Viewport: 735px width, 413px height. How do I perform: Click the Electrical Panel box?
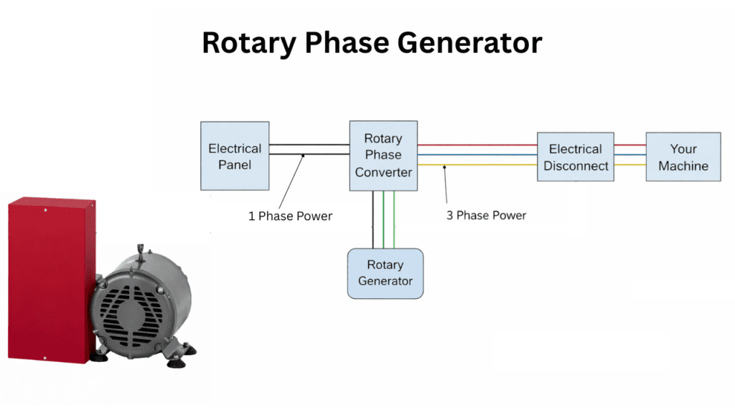[x=235, y=157]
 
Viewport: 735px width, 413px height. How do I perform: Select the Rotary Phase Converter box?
[x=383, y=155]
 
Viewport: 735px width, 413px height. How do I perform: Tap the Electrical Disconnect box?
[x=575, y=157]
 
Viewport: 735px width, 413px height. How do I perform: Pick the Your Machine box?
[x=683, y=157]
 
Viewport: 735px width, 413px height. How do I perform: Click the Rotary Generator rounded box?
[x=385, y=273]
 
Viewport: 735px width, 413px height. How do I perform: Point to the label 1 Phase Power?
[x=290, y=216]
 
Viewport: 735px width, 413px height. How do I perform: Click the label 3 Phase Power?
[x=486, y=215]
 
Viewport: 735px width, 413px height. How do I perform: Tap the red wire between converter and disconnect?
[x=477, y=145]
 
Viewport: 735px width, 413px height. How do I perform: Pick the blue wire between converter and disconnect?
[x=477, y=154]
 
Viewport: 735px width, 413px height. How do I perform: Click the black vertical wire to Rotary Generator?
[x=373, y=219]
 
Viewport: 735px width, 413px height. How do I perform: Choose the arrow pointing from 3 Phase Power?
[x=446, y=186]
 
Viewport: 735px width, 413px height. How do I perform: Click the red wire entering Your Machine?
[x=629, y=145]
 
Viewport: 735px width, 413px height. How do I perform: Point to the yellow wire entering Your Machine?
[x=629, y=166]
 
